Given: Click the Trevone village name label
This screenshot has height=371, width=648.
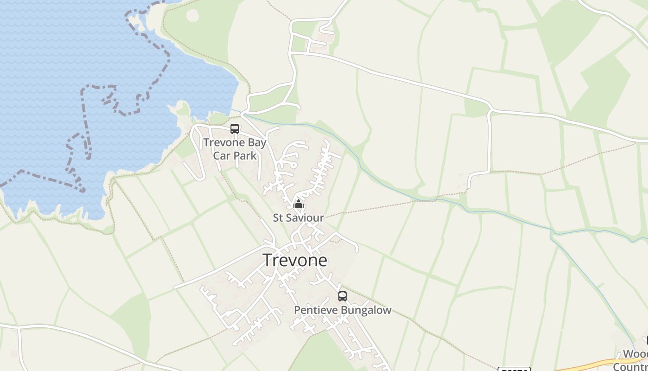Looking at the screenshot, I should tap(295, 260).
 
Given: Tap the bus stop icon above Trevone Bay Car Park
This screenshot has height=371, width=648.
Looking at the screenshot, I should tap(235, 129).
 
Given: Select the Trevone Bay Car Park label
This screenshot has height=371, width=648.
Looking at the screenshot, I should tap(235, 149).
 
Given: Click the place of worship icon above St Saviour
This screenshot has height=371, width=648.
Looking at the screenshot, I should tap(299, 205).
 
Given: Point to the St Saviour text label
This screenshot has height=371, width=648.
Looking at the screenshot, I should tap(298, 217).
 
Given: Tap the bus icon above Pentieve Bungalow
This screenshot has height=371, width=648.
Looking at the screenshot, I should tap(343, 296).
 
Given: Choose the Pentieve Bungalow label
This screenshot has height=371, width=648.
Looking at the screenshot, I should tap(343, 310).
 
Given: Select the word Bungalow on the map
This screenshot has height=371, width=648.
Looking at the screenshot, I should tap(367, 310).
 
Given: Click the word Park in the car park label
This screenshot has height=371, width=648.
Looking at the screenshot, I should tap(245, 155).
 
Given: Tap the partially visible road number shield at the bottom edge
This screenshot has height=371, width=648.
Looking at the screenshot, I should tap(513, 369).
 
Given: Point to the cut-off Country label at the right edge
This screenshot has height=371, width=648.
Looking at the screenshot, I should tap(630, 366).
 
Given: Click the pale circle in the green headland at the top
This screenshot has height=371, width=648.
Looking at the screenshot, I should tap(193, 15).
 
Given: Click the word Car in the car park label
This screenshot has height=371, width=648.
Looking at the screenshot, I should tap(221, 155).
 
